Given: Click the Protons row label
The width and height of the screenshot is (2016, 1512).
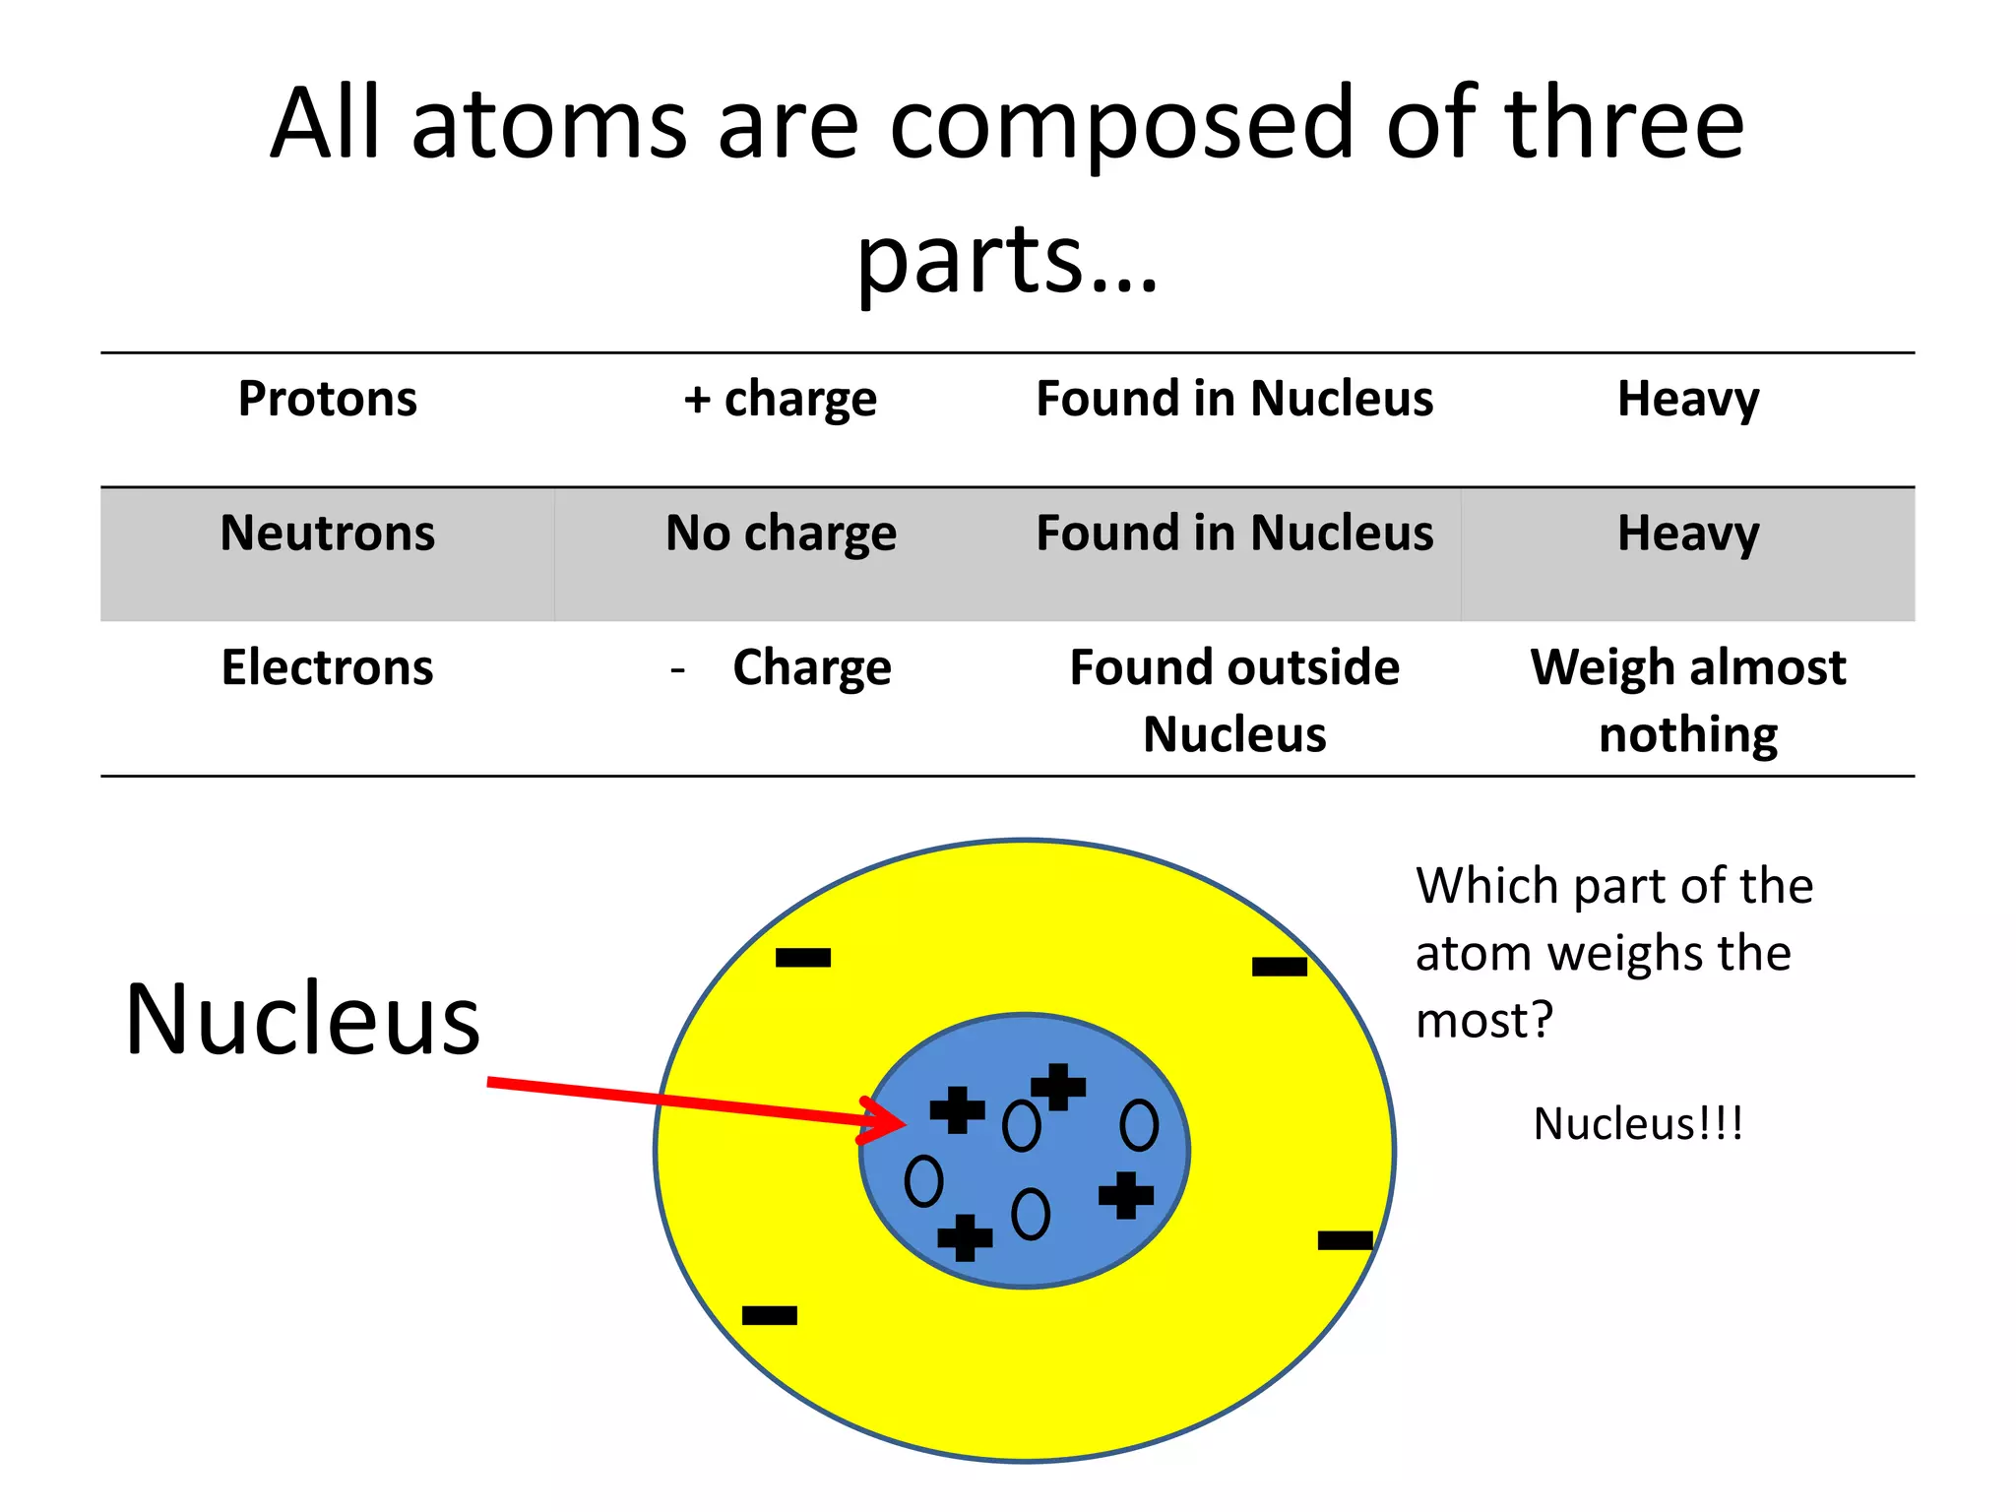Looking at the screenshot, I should (328, 399).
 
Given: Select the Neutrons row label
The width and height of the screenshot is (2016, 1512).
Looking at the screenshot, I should (328, 533).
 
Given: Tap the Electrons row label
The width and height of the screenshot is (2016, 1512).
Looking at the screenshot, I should (328, 667).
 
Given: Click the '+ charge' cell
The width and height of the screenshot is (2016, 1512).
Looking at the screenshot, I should (781, 399).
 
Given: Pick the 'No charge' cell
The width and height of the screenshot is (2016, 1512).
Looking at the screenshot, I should (781, 533).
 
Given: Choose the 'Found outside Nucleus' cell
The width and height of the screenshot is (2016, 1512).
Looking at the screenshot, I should (1234, 700).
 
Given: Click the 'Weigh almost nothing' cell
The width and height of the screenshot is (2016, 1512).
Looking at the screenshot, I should (1688, 700).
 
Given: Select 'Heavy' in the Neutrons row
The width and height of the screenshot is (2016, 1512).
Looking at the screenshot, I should (1688, 533).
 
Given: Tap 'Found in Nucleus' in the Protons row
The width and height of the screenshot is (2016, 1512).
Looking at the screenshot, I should (1234, 399).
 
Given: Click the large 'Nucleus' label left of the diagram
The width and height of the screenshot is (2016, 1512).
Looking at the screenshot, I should (303, 1019).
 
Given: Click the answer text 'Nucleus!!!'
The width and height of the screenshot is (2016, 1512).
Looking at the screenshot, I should (1638, 1124).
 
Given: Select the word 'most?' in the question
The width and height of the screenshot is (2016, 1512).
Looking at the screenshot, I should (1483, 1020).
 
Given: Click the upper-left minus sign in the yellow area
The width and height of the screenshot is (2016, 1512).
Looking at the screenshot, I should (803, 957).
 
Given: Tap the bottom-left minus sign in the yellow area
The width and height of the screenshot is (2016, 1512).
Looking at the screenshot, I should (769, 1315).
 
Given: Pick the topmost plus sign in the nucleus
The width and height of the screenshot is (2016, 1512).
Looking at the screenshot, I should (1058, 1087).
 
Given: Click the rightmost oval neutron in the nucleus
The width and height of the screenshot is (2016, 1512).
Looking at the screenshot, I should (1139, 1125).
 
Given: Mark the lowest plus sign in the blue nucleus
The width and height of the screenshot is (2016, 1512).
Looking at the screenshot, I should (965, 1237).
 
